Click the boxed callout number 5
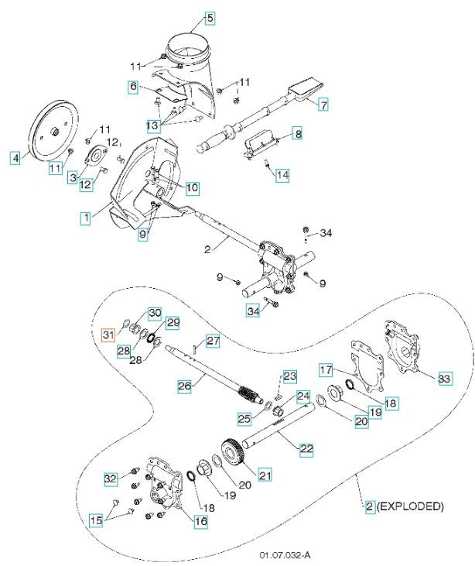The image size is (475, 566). (210, 17)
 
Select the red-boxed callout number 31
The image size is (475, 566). (108, 334)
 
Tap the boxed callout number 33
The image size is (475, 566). (444, 379)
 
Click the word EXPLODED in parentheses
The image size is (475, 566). (411, 507)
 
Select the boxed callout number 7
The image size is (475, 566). (323, 104)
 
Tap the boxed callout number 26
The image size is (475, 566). (185, 385)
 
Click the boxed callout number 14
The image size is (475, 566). (282, 175)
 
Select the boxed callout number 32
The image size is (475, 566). (111, 479)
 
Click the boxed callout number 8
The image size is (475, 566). (297, 134)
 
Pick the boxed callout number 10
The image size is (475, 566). (192, 187)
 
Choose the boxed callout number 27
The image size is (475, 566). (213, 339)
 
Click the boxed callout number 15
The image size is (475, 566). (96, 520)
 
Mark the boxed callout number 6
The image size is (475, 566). (134, 87)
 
